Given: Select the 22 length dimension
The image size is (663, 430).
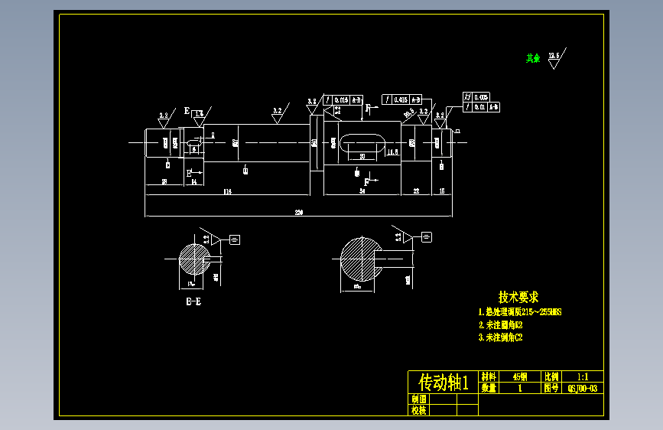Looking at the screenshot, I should click(416, 191).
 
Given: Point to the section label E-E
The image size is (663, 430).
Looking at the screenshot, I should click(193, 301).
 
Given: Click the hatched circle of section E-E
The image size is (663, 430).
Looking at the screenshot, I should click(193, 259).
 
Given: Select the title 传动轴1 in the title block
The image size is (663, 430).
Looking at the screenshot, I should click(443, 382).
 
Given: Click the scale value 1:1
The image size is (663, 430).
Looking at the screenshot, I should click(583, 377).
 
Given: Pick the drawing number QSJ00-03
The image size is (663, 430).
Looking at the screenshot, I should click(583, 388).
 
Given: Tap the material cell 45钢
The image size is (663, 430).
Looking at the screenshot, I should click(520, 377).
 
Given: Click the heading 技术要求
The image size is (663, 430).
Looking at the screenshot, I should click(518, 297).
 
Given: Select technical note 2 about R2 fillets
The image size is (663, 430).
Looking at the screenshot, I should click(500, 324).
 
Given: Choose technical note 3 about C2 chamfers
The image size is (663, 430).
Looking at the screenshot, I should click(500, 337).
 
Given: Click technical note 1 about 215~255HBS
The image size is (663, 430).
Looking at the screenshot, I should click(520, 312).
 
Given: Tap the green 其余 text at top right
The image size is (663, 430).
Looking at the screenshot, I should click(533, 58).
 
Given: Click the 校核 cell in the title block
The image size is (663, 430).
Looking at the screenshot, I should click(419, 410).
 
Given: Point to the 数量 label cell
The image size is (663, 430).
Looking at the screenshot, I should click(489, 388).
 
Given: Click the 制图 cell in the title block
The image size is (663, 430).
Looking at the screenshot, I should click(419, 399).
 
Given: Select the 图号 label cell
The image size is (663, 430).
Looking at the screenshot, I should click(551, 388).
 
